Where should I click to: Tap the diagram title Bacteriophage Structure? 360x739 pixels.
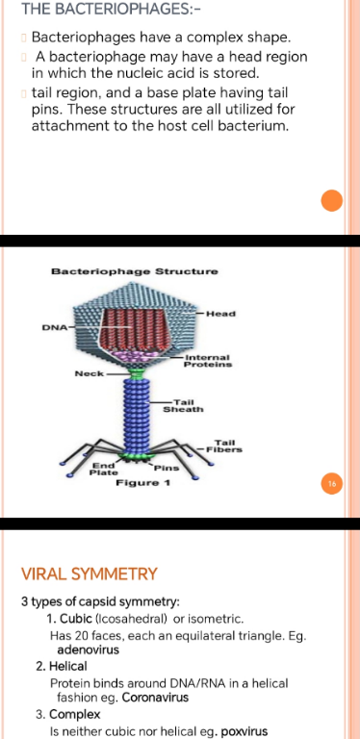point(135,271)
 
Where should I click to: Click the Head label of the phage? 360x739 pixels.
point(221,314)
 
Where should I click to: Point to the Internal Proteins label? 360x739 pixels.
point(208,361)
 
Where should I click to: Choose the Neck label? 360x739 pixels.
point(90,373)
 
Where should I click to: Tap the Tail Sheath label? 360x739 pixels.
point(183,406)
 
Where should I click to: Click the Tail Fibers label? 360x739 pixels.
point(224,446)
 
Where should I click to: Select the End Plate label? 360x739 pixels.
point(104,469)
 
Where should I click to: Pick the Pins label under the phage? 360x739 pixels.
point(167,468)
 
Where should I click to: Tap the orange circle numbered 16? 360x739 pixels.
point(332,484)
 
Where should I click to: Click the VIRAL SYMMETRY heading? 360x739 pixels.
point(90,574)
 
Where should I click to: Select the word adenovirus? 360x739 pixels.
point(89,650)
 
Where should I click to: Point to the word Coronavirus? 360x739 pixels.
point(156,698)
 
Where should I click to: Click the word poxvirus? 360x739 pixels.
point(244,732)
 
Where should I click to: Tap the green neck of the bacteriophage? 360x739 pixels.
point(137,374)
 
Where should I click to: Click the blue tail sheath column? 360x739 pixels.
point(137,416)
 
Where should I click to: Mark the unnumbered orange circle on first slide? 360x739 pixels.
point(332,201)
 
